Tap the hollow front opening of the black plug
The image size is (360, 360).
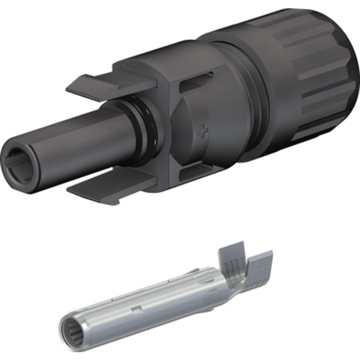pyautogui.click(x=19, y=161)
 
